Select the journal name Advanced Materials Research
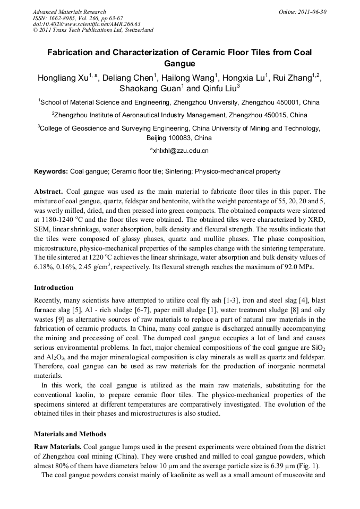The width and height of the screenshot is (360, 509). pos(69,12)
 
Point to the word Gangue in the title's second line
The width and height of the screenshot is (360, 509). pos(179,64)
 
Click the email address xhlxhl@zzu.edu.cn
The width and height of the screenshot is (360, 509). pos(181,151)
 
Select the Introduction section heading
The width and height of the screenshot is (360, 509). pos(54,288)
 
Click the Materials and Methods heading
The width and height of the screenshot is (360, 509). pos(70,434)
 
